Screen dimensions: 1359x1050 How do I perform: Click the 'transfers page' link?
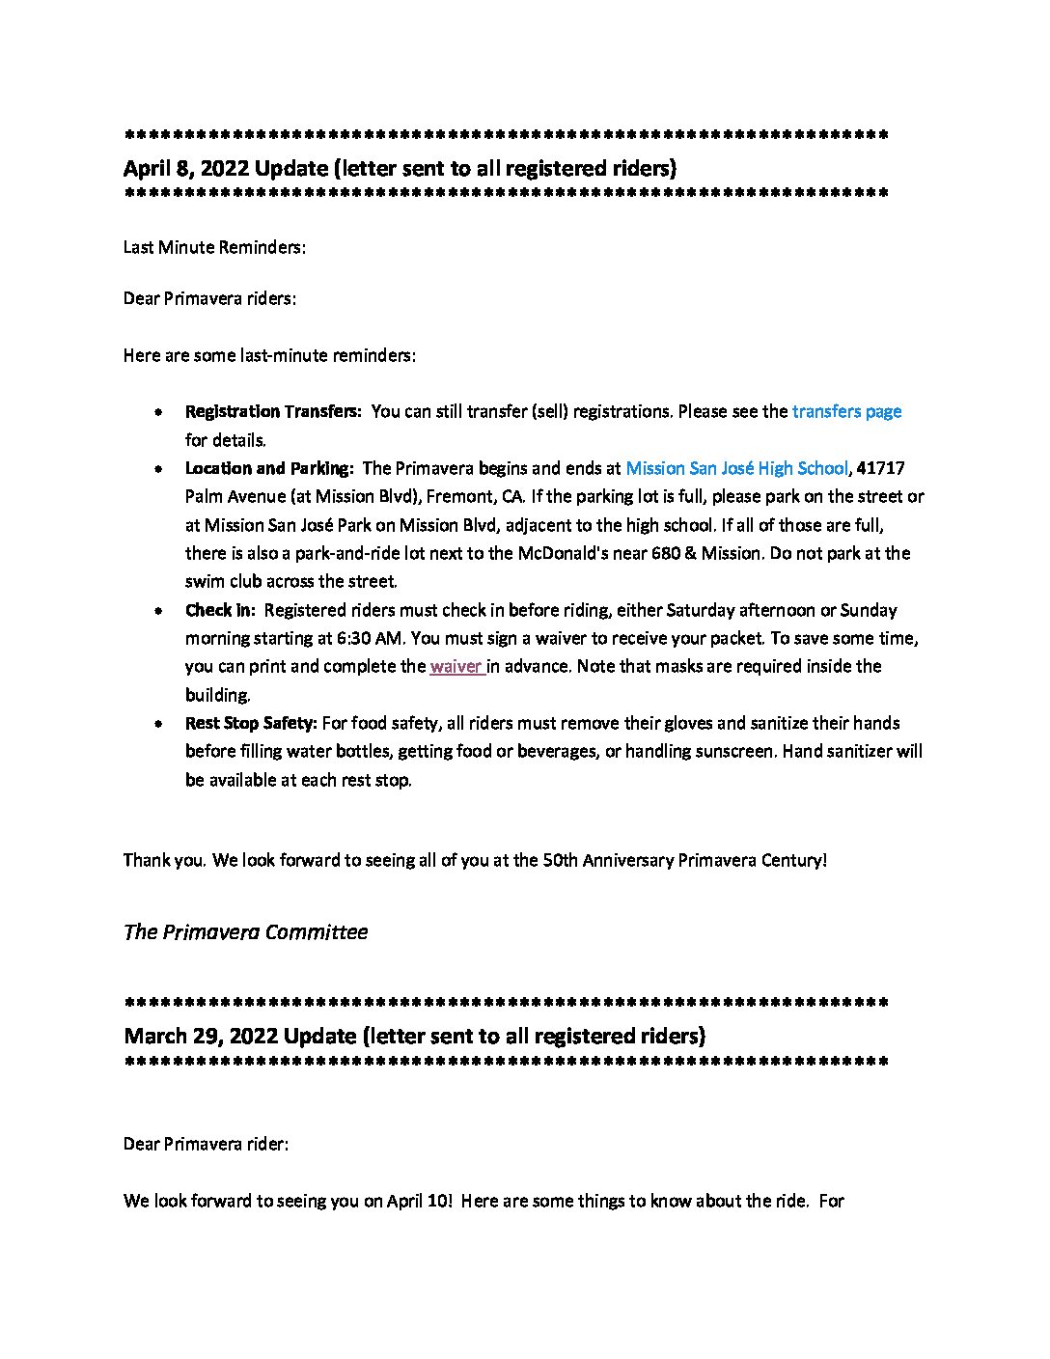pos(846,411)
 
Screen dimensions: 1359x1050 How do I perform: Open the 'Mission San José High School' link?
pos(736,468)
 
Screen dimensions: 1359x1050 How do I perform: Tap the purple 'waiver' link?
pos(456,666)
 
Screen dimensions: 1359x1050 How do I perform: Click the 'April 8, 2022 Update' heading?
pos(400,168)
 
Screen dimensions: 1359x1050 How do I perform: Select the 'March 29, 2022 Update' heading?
pos(414,1036)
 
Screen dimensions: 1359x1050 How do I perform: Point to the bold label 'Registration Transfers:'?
pos(273,411)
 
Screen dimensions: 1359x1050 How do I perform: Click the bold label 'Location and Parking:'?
pos(269,468)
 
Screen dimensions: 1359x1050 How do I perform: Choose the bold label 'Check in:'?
pos(220,610)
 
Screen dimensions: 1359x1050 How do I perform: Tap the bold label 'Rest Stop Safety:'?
pos(251,723)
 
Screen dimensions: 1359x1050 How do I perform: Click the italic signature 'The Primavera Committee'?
pos(245,932)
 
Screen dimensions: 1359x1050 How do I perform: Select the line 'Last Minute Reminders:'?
pos(214,247)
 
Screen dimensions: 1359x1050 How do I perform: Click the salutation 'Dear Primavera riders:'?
pos(209,298)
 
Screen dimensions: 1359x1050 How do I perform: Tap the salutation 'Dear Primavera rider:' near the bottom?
pos(206,1144)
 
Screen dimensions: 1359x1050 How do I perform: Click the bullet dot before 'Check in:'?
pos(157,611)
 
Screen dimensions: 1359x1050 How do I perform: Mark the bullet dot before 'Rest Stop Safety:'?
pos(157,724)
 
